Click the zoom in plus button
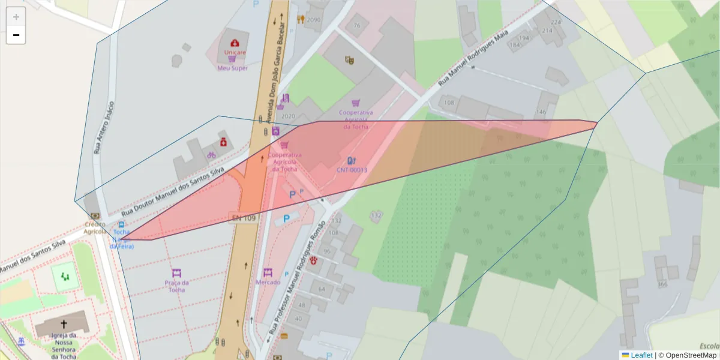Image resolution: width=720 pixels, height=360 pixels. [x=16, y=17]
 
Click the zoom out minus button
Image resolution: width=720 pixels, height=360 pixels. [x=16, y=35]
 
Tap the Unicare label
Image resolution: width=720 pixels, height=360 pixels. [x=235, y=52]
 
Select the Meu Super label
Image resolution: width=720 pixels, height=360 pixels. [x=232, y=68]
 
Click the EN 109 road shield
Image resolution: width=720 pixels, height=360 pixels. [x=244, y=218]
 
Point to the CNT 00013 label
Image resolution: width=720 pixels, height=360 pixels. [x=352, y=170]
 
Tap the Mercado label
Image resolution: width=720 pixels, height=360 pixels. [x=268, y=281]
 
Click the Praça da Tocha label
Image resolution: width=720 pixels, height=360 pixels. [x=176, y=286]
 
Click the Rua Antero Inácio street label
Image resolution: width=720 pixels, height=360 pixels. [x=103, y=127]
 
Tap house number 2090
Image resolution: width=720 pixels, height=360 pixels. [x=313, y=20]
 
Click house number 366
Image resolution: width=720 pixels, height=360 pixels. [x=662, y=284]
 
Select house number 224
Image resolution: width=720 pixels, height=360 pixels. [x=556, y=22]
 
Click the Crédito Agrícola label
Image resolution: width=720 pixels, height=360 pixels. [x=95, y=227]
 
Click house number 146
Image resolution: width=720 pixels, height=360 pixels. [x=541, y=112]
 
